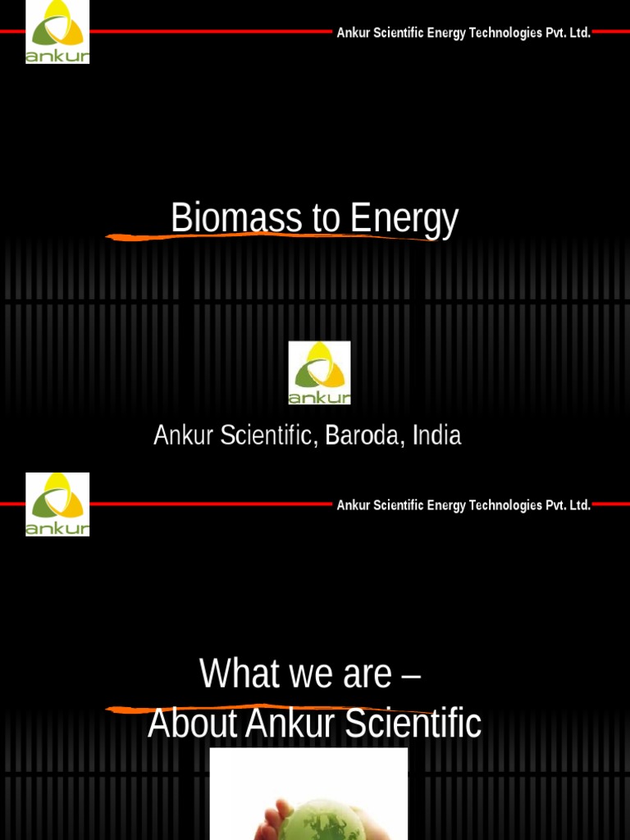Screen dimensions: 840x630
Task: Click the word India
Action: coord(436,436)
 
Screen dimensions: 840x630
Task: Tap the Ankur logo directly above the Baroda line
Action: coord(319,373)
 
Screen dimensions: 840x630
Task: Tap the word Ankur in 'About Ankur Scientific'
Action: coord(291,724)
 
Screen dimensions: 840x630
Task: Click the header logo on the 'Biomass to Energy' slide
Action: coord(57,33)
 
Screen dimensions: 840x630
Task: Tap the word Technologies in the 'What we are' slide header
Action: coord(500,505)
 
